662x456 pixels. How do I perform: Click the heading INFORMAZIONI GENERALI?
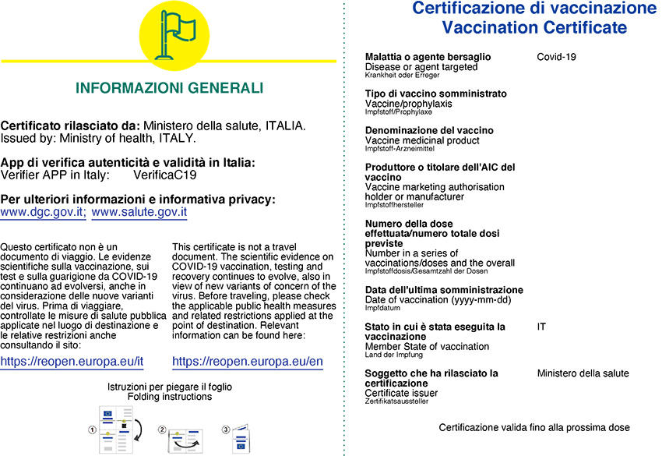169,88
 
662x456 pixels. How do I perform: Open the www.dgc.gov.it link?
44,211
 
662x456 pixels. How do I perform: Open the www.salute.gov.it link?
139,211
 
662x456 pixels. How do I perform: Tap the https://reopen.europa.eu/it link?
72,362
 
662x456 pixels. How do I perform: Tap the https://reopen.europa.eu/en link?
247,362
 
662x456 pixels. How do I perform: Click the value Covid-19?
556,57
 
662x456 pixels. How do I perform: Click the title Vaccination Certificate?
533,28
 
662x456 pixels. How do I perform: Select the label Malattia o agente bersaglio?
428,57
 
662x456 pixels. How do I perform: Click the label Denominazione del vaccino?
428,130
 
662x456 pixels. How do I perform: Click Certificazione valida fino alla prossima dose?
534,427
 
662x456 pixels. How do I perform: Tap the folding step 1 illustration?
114,428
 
